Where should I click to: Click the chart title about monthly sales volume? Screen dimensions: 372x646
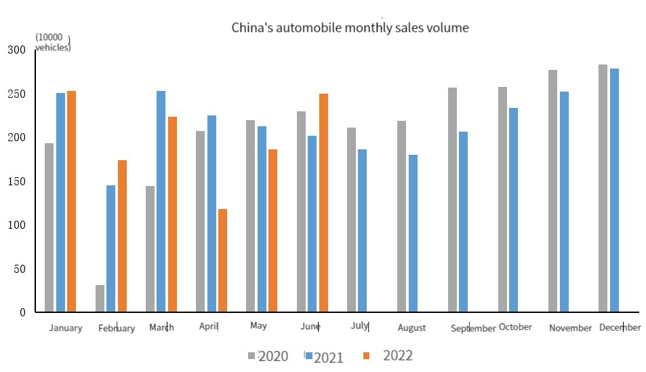pyautogui.click(x=350, y=28)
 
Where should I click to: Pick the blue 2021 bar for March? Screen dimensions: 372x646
pyautogui.click(x=161, y=202)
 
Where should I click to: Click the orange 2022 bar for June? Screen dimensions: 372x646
pyautogui.click(x=323, y=203)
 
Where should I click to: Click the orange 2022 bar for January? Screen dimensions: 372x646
pyautogui.click(x=72, y=202)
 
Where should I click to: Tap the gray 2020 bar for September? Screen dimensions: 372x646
pyautogui.click(x=452, y=200)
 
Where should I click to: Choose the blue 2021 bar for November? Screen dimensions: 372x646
pyautogui.click(x=564, y=202)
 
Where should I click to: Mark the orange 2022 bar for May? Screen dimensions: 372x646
pyautogui.click(x=272, y=230)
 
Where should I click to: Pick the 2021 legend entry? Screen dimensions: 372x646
pyautogui.click(x=324, y=357)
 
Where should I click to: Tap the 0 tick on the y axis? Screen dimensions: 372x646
pyautogui.click(x=22, y=312)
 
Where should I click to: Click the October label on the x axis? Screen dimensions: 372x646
pyautogui.click(x=515, y=327)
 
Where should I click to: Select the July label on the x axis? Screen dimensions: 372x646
pyautogui.click(x=359, y=326)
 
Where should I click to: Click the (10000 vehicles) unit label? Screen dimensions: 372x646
pyautogui.click(x=53, y=42)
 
